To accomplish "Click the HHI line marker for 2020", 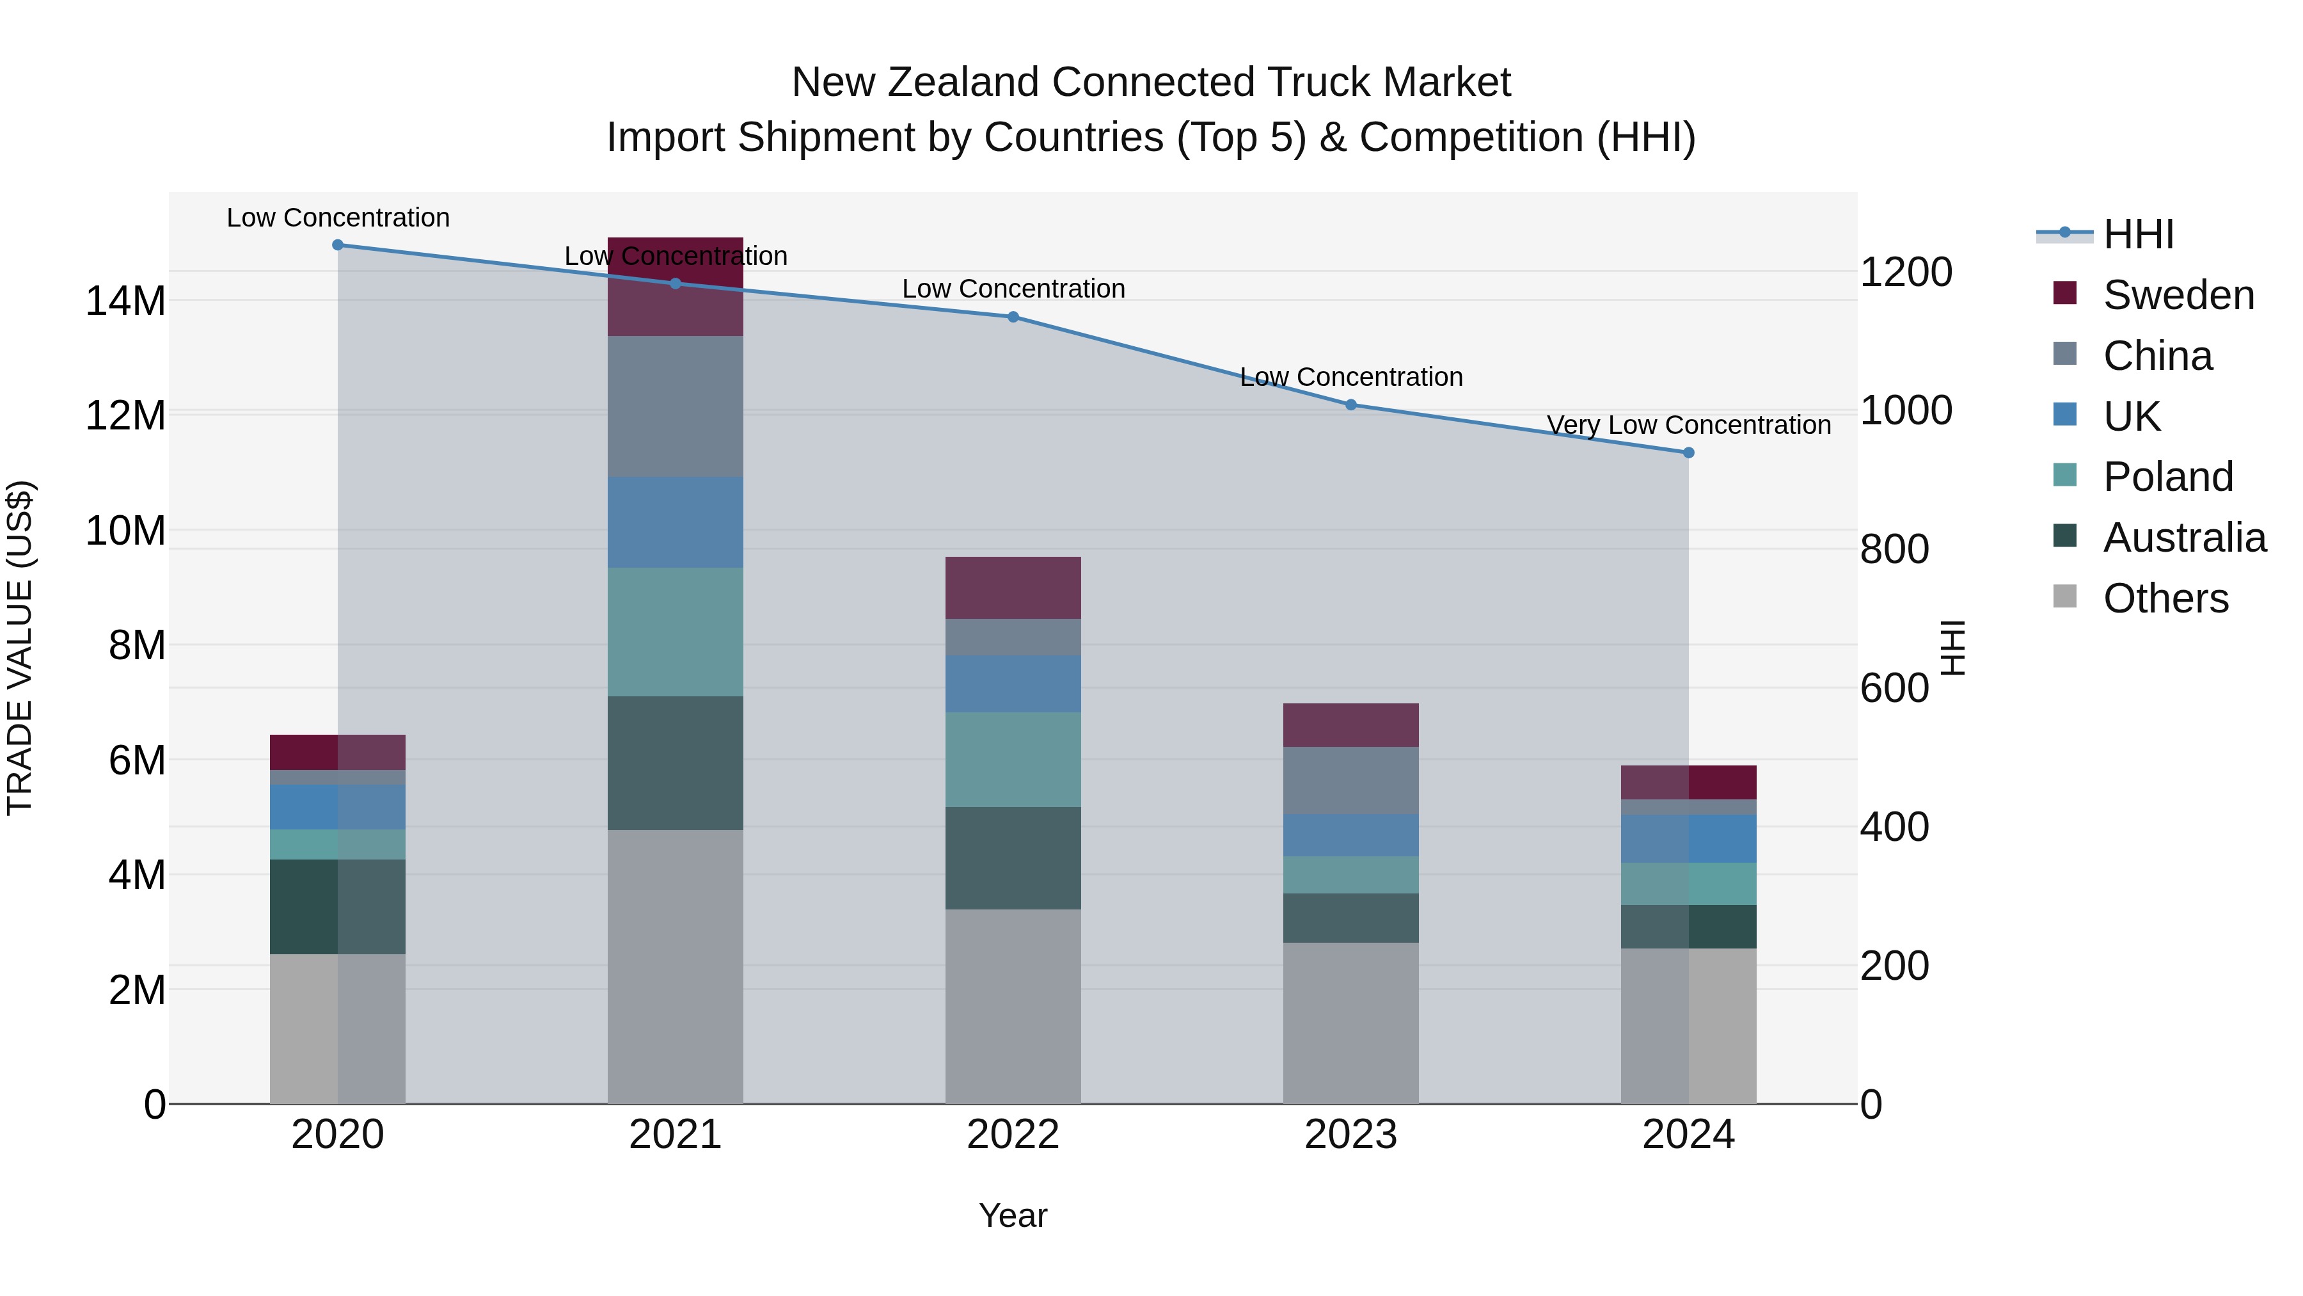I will (x=337, y=245).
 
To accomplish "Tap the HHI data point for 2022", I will (x=1013, y=317).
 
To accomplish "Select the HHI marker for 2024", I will (x=1689, y=452).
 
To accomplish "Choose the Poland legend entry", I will (x=2167, y=477).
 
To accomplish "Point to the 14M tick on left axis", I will (x=125, y=301).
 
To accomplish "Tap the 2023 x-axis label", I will (x=1350, y=1135).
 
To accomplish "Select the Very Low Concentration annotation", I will (x=1688, y=425).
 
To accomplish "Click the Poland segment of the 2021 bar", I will (x=675, y=632).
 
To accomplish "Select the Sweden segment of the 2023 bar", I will (x=1350, y=724).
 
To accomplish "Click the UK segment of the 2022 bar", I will (x=1013, y=684).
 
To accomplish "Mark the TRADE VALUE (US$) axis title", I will (x=20, y=648).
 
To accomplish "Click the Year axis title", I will (x=1013, y=1215).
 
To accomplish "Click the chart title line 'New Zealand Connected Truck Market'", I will (x=1151, y=83).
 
